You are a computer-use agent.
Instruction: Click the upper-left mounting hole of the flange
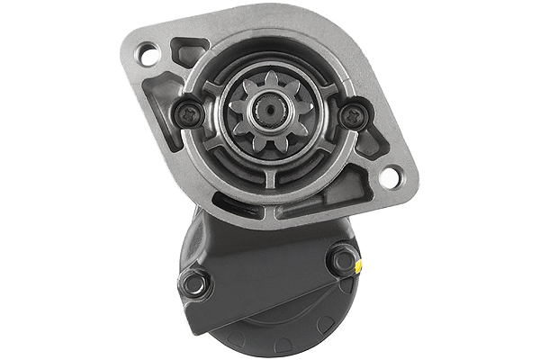click(149, 53)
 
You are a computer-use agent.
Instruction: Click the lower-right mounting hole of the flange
click(390, 176)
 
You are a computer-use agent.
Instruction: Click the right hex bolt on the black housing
click(343, 260)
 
